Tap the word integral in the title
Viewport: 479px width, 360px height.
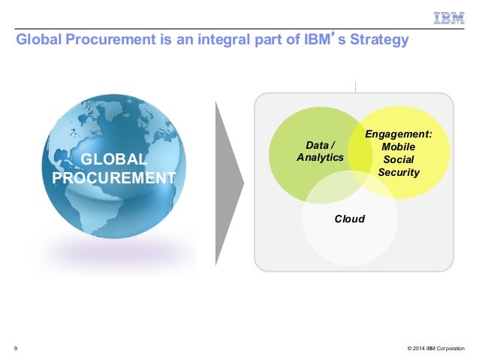coord(229,40)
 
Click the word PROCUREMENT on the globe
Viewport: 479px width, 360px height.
coord(114,178)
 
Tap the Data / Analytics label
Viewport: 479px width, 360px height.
coord(320,151)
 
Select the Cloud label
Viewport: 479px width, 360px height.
coord(349,219)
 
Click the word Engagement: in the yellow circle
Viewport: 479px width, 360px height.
coord(398,134)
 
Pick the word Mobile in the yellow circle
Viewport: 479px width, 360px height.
coord(398,147)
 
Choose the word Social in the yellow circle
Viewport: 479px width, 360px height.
coord(398,159)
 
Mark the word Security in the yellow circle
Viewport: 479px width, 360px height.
coord(399,172)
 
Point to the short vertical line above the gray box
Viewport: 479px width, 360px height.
coord(354,85)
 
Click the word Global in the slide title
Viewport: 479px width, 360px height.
coord(38,40)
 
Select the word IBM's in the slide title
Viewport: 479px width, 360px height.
coord(315,40)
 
